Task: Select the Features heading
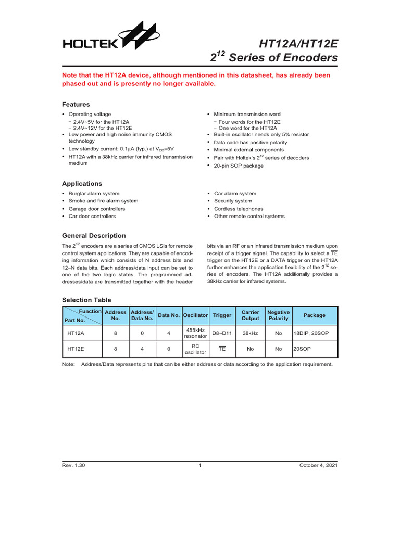click(x=76, y=104)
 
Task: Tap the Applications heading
click(x=82, y=184)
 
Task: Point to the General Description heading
click(x=94, y=235)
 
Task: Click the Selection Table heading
click(x=86, y=300)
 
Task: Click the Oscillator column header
click(x=195, y=315)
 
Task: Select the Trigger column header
click(x=222, y=315)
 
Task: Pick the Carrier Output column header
click(x=250, y=315)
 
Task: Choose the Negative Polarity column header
click(x=278, y=315)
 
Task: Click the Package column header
click(x=314, y=315)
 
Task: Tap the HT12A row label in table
click(x=77, y=333)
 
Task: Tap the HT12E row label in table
click(x=77, y=349)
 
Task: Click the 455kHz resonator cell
click(x=195, y=333)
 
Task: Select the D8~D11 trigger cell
click(x=222, y=333)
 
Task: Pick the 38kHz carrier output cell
click(x=250, y=333)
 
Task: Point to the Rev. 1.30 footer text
click(x=73, y=465)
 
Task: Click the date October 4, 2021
click(x=318, y=465)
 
